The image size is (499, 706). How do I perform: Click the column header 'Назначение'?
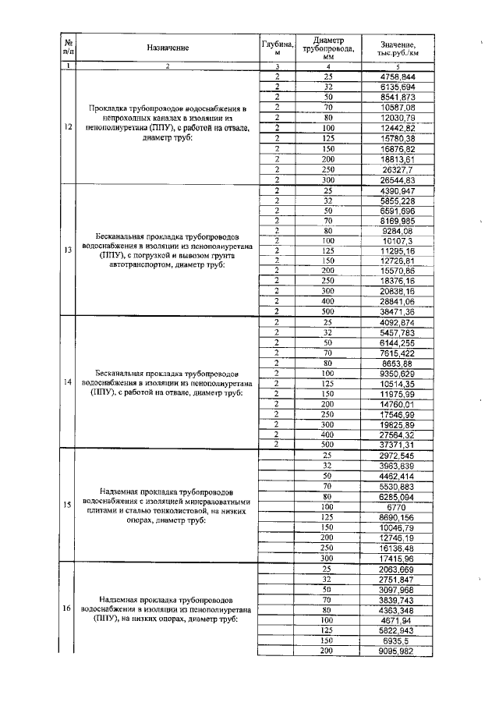coord(168,48)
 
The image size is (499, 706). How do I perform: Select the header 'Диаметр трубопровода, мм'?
coord(327,48)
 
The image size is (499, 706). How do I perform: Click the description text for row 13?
coord(168,250)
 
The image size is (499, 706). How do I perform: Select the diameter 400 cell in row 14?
coord(327,433)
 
